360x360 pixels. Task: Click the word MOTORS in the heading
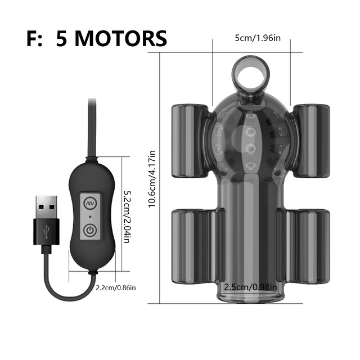pos(120,38)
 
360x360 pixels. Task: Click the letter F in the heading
pos(32,39)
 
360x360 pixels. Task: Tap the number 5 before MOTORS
pos(61,39)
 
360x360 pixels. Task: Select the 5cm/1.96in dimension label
pos(258,38)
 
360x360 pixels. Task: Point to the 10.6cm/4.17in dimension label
pos(152,179)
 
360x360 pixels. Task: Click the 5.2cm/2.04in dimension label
pos(127,217)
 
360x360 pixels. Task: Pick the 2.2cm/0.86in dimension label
pos(116,287)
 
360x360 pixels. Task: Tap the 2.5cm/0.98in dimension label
pos(250,287)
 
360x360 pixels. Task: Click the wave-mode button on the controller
pos(90,203)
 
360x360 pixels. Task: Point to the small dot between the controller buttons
pos(90,217)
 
